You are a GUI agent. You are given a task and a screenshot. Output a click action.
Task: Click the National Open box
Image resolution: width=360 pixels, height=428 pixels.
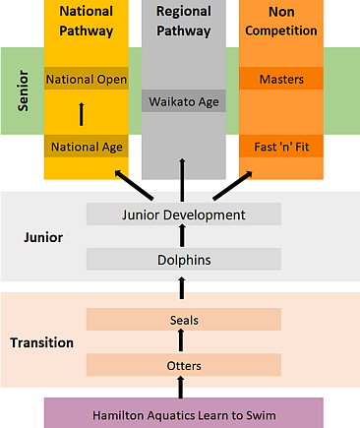[x=86, y=79]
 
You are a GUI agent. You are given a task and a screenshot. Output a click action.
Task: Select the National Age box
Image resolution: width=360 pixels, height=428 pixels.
[x=86, y=148]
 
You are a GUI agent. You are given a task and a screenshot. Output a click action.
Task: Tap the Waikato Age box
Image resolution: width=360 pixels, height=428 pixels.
[x=184, y=101]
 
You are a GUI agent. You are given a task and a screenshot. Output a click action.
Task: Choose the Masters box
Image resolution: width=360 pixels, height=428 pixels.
[x=280, y=79]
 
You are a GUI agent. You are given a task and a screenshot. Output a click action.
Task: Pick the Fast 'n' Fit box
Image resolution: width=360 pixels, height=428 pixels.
[x=280, y=148]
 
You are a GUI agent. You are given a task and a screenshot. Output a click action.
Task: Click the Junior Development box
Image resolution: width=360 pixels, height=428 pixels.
[x=184, y=214]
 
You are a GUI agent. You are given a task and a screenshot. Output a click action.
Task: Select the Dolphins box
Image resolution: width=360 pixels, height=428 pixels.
[x=184, y=260]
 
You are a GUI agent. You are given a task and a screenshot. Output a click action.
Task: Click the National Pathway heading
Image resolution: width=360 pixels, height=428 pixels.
[x=86, y=22]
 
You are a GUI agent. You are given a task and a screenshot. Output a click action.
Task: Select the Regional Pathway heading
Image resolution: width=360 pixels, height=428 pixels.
[x=184, y=22]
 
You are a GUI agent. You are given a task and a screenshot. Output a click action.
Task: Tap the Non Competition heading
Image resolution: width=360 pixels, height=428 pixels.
[x=280, y=22]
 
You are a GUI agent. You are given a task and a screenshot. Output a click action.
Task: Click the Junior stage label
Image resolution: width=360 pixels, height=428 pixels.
[x=42, y=237]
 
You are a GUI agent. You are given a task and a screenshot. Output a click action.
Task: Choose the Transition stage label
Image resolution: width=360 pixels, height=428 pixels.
[x=42, y=343]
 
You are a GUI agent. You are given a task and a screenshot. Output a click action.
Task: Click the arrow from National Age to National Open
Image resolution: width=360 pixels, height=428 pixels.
[x=83, y=114]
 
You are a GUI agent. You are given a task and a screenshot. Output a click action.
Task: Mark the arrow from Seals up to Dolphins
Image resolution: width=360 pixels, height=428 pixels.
[x=182, y=288]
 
